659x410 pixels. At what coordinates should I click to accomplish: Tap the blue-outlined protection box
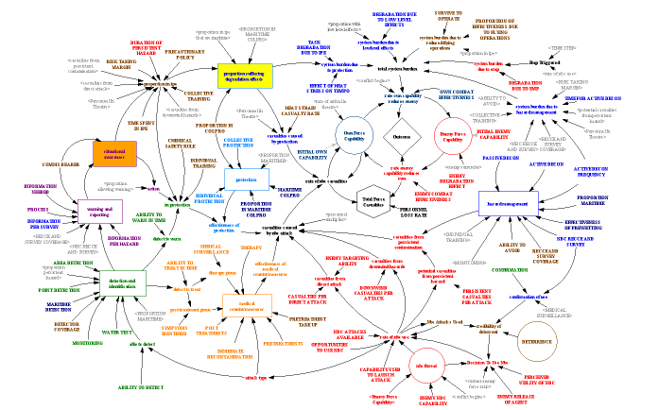(248, 179)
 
